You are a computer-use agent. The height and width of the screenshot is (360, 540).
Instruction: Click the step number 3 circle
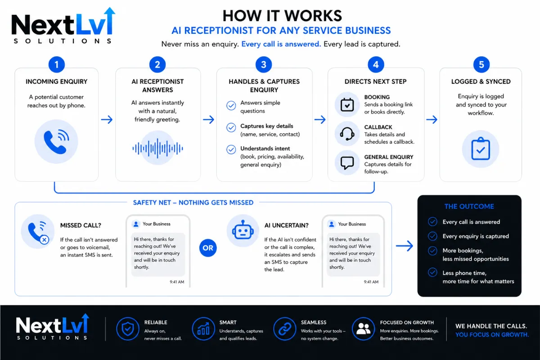tap(264, 65)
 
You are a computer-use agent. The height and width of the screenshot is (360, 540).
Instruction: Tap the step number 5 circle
tap(481, 65)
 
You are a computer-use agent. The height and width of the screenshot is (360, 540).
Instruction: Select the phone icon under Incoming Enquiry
tap(56, 142)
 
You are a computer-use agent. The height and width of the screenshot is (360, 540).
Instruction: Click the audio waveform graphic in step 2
tap(157, 148)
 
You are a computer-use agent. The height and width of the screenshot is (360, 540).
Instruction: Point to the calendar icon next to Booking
tap(347, 105)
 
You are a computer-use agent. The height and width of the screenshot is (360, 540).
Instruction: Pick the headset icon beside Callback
tap(347, 134)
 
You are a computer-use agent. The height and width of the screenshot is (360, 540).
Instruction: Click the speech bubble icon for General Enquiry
tap(347, 163)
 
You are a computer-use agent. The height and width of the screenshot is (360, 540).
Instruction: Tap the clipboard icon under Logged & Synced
tap(481, 148)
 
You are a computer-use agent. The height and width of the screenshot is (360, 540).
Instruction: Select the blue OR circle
tap(208, 248)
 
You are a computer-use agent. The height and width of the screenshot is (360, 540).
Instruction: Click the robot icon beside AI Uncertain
tap(243, 230)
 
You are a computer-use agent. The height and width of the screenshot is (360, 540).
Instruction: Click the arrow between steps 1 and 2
tap(107, 119)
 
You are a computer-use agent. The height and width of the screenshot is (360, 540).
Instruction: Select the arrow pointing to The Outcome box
tap(405, 246)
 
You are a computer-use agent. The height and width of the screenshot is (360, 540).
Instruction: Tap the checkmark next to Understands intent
tap(231, 149)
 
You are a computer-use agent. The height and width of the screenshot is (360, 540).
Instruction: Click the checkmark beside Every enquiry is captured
tap(432, 236)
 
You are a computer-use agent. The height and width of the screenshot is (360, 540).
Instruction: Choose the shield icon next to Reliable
tap(128, 328)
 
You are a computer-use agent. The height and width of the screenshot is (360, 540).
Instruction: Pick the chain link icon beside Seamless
tap(285, 328)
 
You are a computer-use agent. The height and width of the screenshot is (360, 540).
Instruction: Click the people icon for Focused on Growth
tap(363, 328)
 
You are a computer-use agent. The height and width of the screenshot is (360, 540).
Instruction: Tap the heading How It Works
tap(282, 16)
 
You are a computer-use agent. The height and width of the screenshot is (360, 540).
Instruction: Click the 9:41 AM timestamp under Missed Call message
tap(177, 282)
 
